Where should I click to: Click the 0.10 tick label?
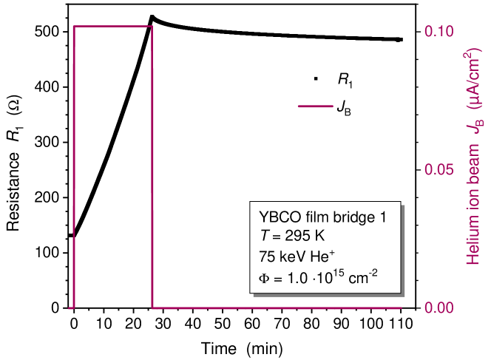[x=438, y=31]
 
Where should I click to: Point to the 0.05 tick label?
[x=438, y=169]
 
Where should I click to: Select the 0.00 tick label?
[x=438, y=308]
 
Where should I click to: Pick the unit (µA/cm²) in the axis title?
[x=473, y=78]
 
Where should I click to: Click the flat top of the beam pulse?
[x=112, y=27]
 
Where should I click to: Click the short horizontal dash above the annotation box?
[x=316, y=106]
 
